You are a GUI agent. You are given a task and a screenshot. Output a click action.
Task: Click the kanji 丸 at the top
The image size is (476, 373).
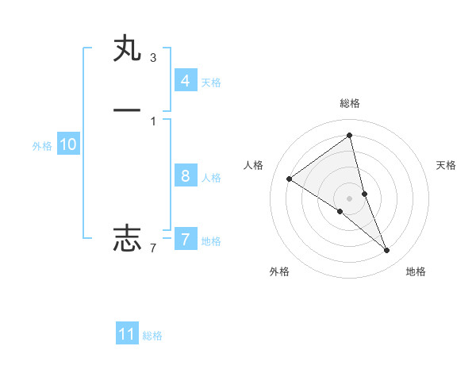(127, 50)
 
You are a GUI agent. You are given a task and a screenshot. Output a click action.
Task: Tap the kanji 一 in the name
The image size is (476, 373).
(127, 110)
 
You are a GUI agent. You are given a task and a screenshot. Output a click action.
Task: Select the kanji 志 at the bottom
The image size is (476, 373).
(127, 237)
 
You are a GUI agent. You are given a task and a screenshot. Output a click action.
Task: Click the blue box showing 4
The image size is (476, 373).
(185, 80)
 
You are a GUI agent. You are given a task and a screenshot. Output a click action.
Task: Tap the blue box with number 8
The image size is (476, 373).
(185, 176)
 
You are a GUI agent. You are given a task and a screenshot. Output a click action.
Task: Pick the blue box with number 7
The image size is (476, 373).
(185, 239)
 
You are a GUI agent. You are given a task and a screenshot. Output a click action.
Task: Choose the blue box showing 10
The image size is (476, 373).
(68, 144)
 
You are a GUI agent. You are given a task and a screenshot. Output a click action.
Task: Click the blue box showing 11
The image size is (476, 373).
(127, 334)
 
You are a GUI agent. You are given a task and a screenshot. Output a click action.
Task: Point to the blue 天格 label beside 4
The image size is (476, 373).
(211, 83)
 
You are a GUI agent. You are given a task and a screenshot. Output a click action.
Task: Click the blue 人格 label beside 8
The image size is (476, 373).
(211, 178)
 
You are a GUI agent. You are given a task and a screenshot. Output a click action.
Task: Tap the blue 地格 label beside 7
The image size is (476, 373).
(211, 241)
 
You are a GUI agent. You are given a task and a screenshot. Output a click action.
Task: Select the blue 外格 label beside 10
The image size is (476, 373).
(42, 146)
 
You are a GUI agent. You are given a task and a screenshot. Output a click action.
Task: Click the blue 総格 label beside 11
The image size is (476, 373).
(152, 336)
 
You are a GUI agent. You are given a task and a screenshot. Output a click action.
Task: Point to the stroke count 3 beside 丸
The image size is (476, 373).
(152, 57)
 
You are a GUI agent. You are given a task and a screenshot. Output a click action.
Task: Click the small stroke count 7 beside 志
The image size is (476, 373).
(152, 248)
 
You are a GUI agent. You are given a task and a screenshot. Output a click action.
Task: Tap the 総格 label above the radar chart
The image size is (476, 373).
(350, 103)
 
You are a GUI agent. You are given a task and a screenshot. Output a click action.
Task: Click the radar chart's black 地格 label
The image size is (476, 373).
(416, 272)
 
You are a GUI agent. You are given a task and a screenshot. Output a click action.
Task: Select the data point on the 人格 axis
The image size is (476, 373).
(289, 179)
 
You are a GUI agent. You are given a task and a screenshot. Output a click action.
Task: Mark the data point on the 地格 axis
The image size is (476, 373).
(387, 251)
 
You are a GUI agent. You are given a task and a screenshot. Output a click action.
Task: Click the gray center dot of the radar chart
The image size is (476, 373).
(350, 198)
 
